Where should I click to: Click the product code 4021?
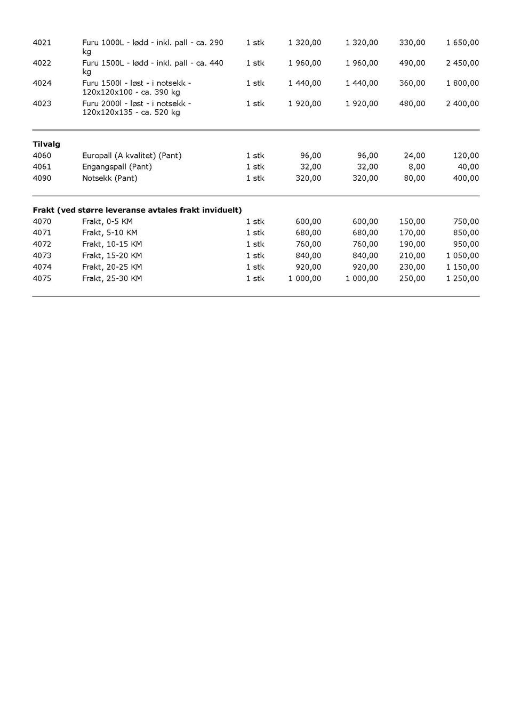click(42, 43)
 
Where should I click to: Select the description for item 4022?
click(153, 67)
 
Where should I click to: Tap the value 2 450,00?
click(462, 63)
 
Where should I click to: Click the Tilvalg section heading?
click(46, 144)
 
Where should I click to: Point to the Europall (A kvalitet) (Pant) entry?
click(132, 156)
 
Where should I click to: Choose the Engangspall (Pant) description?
click(117, 167)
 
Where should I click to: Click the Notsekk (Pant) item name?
click(109, 178)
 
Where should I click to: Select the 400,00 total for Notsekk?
click(466, 178)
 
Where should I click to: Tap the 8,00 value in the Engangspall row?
click(417, 167)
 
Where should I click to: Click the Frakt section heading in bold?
click(137, 210)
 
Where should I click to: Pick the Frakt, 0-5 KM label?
click(107, 221)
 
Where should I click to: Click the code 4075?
click(42, 278)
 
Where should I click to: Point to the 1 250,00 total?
click(462, 278)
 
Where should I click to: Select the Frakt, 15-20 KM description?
click(112, 255)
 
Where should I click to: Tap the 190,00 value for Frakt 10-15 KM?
click(412, 244)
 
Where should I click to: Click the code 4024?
click(42, 83)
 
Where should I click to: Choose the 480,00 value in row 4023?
click(412, 103)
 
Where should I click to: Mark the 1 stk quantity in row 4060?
click(255, 156)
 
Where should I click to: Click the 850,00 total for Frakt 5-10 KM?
click(466, 232)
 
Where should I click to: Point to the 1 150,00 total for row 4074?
click(462, 267)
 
